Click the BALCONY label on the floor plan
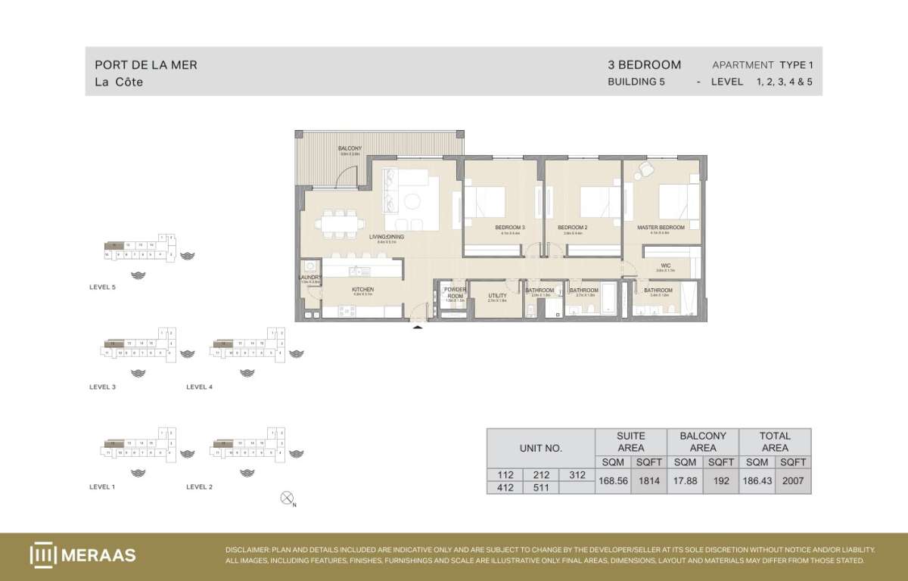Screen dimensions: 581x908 pos(350,148)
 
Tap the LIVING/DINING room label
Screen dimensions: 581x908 pos(387,237)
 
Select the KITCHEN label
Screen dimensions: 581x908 pos(362,290)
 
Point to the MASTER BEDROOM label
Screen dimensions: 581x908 pos(661,227)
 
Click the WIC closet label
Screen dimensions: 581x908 pos(665,266)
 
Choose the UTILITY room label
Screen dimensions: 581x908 pos(497,296)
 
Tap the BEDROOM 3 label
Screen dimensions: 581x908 pos(509,227)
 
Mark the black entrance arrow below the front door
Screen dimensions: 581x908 pos(417,327)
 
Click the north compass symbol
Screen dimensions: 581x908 pos(287,498)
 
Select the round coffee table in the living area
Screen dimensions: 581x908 pos(413,200)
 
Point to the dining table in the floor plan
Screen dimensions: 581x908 pos(340,224)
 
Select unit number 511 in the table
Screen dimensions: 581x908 pos(541,488)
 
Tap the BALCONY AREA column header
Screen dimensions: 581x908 pos(703,441)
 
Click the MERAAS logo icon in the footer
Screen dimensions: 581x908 pos(43,555)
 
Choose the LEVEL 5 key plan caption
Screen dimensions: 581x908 pos(102,287)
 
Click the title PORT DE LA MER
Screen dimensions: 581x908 pos(146,65)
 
